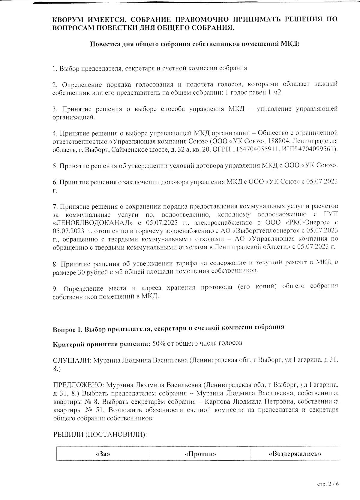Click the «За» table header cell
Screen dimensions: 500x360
(x=103, y=454)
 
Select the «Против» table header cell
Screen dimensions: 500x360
(x=200, y=454)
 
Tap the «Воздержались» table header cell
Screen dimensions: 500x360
(x=295, y=453)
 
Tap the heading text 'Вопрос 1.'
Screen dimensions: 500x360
(x=67, y=329)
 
